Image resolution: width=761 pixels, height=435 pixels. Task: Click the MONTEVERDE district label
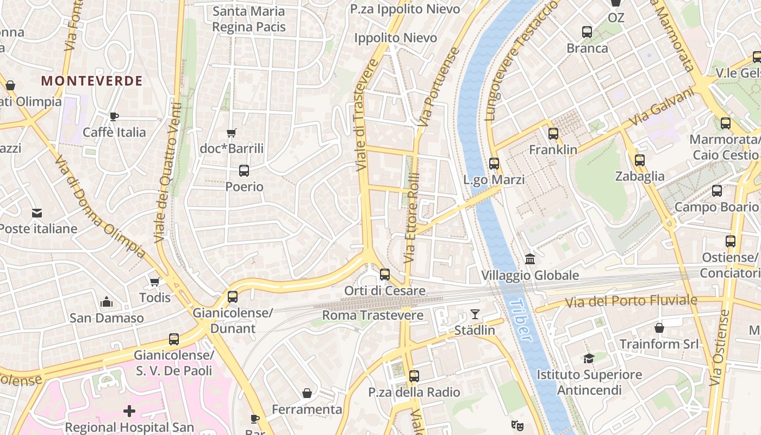point(91,81)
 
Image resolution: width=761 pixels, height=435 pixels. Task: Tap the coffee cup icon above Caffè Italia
point(114,116)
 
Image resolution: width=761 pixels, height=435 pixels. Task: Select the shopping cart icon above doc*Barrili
point(232,133)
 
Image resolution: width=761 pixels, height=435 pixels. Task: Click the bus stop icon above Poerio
point(244,171)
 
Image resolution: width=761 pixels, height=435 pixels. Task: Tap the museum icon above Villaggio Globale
point(530,259)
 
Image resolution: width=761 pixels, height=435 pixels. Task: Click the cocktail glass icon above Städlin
point(475,314)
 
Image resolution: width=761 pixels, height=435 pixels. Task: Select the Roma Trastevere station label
point(372,315)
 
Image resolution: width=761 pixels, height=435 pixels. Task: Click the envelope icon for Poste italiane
point(37,213)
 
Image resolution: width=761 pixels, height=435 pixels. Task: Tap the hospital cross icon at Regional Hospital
point(129,411)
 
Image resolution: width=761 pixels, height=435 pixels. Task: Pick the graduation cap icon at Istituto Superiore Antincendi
point(589,358)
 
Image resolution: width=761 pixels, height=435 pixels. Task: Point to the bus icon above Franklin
point(553,133)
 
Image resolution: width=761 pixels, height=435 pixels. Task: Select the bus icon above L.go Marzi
point(494,163)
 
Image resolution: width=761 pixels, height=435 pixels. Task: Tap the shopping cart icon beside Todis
point(154,282)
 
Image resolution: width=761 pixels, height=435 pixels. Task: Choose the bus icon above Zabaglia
point(640,160)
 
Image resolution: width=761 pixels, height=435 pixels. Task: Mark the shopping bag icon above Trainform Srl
point(659,328)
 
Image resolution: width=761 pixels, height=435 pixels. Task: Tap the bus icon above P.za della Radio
point(414,376)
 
